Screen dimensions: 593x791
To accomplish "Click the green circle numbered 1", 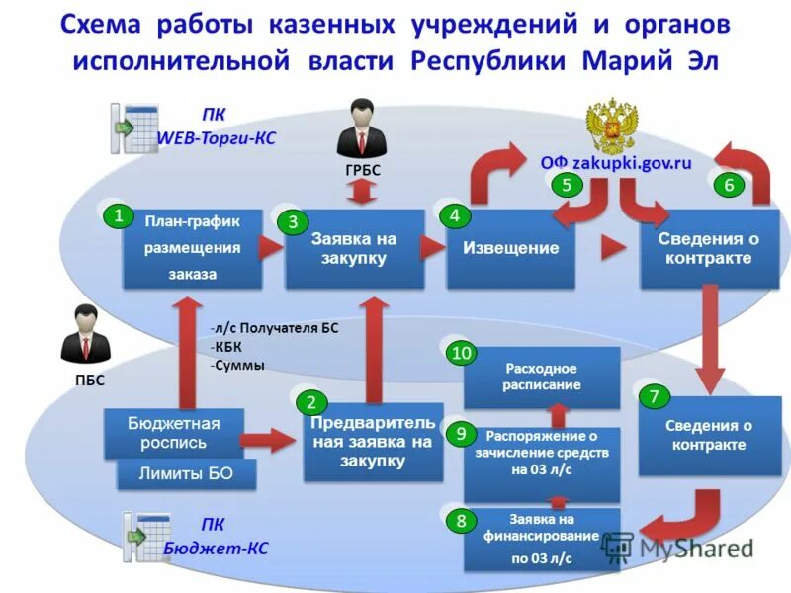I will click(118, 215).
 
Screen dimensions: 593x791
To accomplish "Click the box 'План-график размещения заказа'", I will click(193, 248).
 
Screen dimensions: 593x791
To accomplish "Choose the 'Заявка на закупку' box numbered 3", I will click(354, 248).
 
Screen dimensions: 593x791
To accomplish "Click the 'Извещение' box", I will click(510, 248).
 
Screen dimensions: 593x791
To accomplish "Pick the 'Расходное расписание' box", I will click(542, 377).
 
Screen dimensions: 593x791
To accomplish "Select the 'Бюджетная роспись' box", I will click(173, 433).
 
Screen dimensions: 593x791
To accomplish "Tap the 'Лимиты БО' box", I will click(187, 473).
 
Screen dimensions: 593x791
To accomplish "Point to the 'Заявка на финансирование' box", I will click(542, 538).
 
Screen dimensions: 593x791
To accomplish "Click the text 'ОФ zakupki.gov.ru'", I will click(615, 163).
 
